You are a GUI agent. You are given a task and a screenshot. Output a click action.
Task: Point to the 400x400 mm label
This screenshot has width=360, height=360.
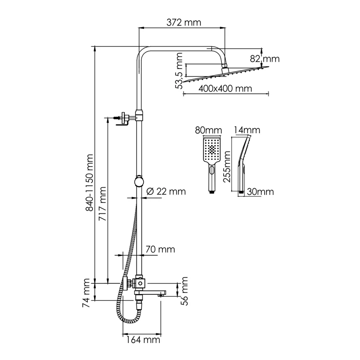point(219,89)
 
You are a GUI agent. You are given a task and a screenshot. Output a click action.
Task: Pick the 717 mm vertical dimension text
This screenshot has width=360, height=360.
point(102,202)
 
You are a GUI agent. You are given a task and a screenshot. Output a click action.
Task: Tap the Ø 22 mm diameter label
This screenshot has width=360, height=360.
point(166,191)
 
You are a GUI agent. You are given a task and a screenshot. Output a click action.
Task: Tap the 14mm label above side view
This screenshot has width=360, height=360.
point(247,130)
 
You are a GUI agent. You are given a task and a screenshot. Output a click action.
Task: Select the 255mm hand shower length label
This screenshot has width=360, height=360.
point(229,165)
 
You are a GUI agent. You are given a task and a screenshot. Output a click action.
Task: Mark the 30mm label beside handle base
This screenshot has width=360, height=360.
point(261,192)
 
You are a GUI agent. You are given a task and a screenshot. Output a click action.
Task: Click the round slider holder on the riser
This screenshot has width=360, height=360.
point(139,182)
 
